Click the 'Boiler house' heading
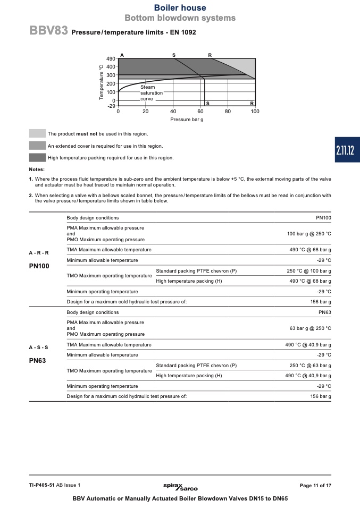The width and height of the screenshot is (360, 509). tap(180, 7)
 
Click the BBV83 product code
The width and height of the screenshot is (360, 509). tap(48, 31)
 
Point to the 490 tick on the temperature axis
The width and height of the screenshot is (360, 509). tap(111, 58)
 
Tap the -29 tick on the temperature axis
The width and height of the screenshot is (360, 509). tap(111, 106)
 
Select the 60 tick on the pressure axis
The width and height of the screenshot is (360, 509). tap(200, 112)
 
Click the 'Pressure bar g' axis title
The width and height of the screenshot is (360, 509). tap(187, 120)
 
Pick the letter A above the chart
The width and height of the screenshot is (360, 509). tap(122, 55)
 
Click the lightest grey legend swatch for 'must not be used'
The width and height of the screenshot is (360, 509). tap(37, 134)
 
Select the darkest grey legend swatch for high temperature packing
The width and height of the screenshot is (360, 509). tap(37, 157)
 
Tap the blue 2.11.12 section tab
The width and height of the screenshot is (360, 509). tap(345, 150)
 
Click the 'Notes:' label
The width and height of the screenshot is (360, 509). tap(37, 169)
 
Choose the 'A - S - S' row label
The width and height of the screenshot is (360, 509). tap(38, 347)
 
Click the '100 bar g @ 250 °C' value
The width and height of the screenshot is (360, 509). tap(309, 234)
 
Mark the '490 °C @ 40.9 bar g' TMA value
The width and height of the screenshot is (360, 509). tap(308, 345)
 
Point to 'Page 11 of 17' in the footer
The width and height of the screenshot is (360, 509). tap(315, 486)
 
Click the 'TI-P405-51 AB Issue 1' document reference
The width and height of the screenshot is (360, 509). tap(55, 486)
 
